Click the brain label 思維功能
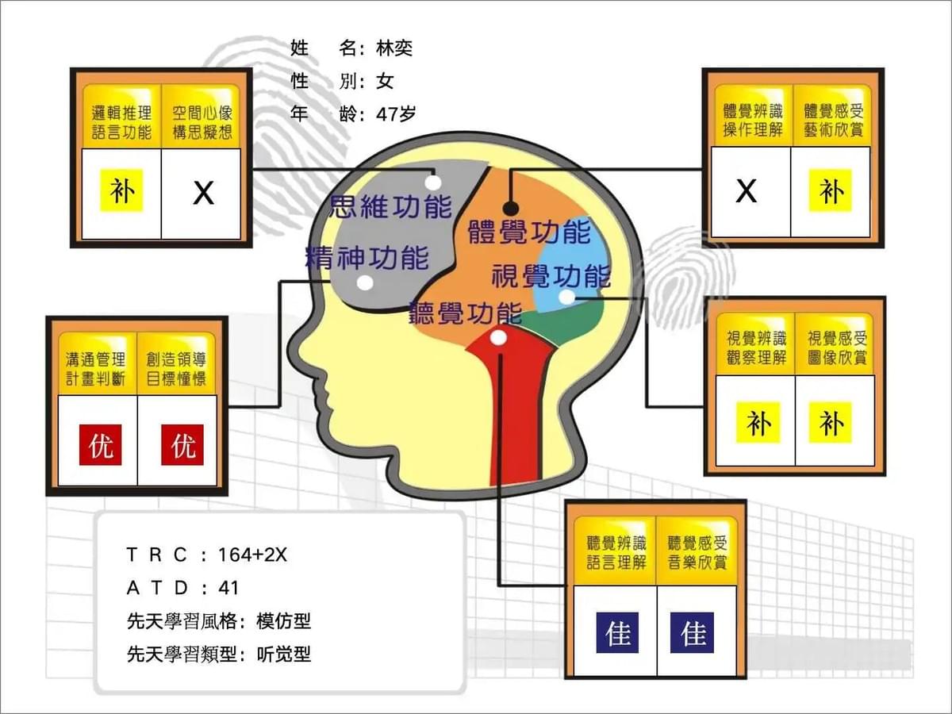390,206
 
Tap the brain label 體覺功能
529,232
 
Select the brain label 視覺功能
551,276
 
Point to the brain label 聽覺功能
466,313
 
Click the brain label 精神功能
367,258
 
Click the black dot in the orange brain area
511,209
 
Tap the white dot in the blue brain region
566,297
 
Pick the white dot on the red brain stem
498,337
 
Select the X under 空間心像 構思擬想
203,194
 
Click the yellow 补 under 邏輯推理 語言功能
122,190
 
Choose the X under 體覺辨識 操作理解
747,190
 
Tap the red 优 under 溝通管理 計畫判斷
100,445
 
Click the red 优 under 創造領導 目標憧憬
182,445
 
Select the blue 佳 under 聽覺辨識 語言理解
617,632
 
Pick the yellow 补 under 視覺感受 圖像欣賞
831,423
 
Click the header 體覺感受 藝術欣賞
833,120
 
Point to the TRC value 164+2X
252,555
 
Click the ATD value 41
228,588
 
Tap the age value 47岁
396,114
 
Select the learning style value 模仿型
284,621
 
